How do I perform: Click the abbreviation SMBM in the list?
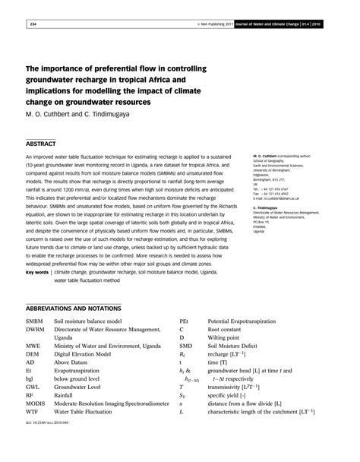click(36, 323)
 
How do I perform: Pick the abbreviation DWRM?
click(37, 331)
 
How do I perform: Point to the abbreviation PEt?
click(185, 323)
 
